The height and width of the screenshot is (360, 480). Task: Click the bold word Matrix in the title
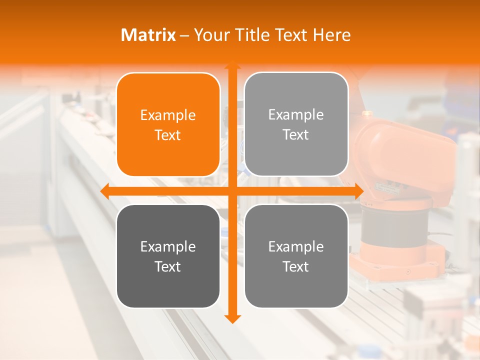(x=148, y=35)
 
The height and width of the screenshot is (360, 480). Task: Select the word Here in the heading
(x=331, y=35)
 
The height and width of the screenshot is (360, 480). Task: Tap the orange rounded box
(x=168, y=124)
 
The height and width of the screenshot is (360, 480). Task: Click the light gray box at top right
(x=296, y=124)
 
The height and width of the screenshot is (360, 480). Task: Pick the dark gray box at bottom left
(x=168, y=256)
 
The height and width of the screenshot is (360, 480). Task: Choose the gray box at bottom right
(x=296, y=256)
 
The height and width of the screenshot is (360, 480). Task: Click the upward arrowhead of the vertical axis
(x=232, y=64)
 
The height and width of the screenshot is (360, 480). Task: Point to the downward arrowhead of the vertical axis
(x=232, y=318)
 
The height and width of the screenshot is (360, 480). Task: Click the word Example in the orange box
(x=168, y=115)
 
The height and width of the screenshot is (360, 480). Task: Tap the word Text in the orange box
(x=168, y=135)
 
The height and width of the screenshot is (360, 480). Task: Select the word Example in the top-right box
(x=296, y=115)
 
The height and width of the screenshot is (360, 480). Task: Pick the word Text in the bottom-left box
(x=168, y=266)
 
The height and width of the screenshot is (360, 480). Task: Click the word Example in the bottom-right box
(x=296, y=246)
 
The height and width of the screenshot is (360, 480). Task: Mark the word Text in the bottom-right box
(x=296, y=266)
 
